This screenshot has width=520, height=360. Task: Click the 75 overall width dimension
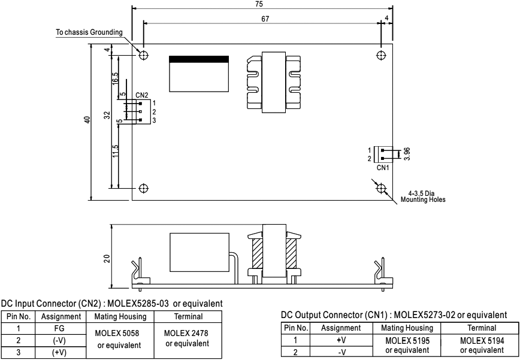pos(259,4)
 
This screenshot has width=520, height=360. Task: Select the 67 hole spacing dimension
pos(265,19)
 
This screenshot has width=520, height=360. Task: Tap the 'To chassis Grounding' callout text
pos(89,32)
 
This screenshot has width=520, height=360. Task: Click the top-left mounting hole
pos(143,55)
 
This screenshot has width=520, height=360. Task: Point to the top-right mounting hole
pos(382,55)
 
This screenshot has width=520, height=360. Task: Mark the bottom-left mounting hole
pos(143,188)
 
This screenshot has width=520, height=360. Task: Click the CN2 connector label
pos(141,95)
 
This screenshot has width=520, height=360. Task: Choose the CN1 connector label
pos(383,168)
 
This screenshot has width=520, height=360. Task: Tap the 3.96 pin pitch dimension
pos(407,154)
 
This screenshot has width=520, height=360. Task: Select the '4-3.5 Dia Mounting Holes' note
pos(423,196)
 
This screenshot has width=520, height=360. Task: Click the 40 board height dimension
pos(87,120)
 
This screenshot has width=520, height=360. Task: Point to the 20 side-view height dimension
pos(107,259)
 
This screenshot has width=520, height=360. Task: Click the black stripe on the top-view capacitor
pos(199,59)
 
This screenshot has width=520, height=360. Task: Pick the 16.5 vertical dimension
pos(115,78)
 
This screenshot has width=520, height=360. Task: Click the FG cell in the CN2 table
pos(61,328)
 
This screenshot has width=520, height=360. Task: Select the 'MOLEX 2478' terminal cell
pos(187,332)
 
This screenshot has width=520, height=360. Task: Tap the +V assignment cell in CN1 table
pos(341,340)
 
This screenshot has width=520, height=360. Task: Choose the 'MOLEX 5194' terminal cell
pos(482,340)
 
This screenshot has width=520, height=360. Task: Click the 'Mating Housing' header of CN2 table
pos(120,317)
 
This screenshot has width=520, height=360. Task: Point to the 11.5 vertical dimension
pos(115,151)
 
